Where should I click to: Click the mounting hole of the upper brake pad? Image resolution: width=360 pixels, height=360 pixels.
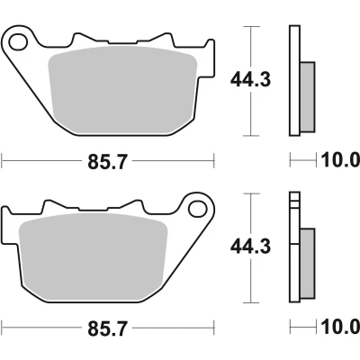click(x=18, y=42)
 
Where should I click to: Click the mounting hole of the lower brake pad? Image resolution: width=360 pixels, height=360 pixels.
click(x=198, y=209)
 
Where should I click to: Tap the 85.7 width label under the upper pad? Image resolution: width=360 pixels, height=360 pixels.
click(x=108, y=162)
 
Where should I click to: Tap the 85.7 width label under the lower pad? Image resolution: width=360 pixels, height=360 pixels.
click(x=108, y=328)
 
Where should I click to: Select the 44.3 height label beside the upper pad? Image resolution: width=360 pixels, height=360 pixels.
click(x=250, y=80)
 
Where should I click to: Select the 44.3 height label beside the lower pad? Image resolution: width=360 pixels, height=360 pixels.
click(x=250, y=247)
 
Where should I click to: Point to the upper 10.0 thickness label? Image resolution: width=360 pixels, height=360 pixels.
click(x=340, y=160)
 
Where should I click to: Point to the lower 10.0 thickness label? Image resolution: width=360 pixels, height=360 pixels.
click(x=340, y=327)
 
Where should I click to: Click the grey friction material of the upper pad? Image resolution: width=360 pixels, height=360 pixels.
click(x=122, y=90)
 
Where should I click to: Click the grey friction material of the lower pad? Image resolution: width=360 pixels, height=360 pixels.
click(x=93, y=257)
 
